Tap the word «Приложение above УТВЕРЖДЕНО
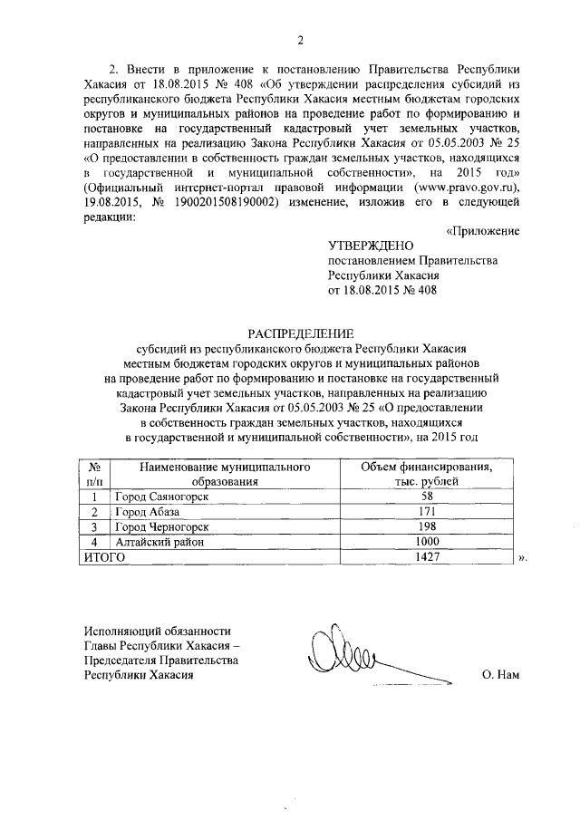(483, 231)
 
